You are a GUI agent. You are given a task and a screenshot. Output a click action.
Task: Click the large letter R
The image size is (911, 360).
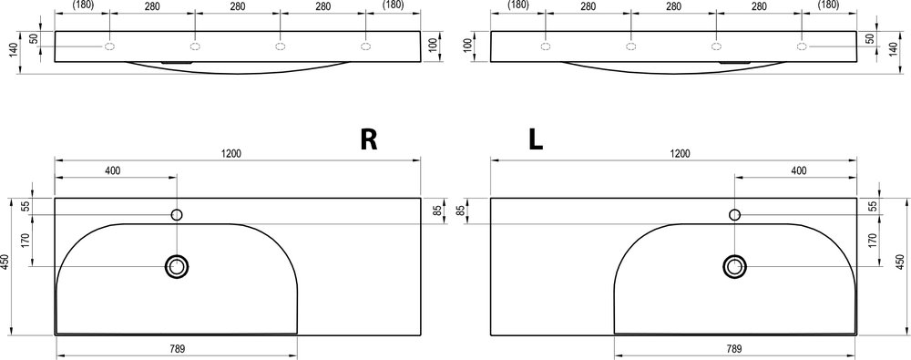(x=369, y=140)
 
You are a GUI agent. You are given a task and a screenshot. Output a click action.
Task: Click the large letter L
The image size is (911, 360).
(x=535, y=140)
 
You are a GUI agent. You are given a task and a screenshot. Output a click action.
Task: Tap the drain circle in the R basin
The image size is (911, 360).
(x=178, y=267)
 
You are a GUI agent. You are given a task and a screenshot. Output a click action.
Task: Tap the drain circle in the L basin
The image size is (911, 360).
(x=734, y=267)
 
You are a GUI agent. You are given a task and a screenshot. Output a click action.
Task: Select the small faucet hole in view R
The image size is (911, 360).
(x=178, y=215)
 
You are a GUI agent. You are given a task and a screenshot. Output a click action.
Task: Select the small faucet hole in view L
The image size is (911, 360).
(x=734, y=215)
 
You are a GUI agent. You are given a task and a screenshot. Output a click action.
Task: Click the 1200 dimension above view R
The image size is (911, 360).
(x=231, y=153)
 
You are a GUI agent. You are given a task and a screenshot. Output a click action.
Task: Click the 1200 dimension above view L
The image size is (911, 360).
(x=680, y=153)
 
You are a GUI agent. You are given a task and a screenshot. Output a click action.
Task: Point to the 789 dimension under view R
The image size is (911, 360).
(x=178, y=349)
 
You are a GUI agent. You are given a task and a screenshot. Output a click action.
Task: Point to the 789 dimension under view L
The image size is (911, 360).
(x=734, y=349)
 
